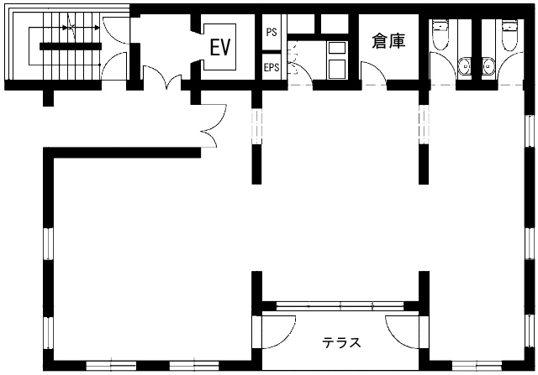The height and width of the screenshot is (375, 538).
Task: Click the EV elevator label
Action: (220, 47)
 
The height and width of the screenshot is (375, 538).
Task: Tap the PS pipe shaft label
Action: (272, 32)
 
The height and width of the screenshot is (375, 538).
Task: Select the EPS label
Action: (272, 67)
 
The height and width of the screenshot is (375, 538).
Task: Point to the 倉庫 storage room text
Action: (388, 41)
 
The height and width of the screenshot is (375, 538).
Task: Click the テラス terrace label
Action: (341, 342)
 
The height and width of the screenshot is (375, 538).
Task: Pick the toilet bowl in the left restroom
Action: (440, 35)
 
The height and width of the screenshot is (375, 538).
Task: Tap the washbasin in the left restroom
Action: (464, 65)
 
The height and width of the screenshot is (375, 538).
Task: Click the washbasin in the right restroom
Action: (488, 65)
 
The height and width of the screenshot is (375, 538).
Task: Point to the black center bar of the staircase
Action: (71, 46)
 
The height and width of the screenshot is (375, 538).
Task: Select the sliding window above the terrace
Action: (340, 306)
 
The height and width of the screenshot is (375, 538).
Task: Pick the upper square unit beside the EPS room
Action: (336, 48)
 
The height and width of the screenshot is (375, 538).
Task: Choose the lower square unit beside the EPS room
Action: (336, 69)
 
